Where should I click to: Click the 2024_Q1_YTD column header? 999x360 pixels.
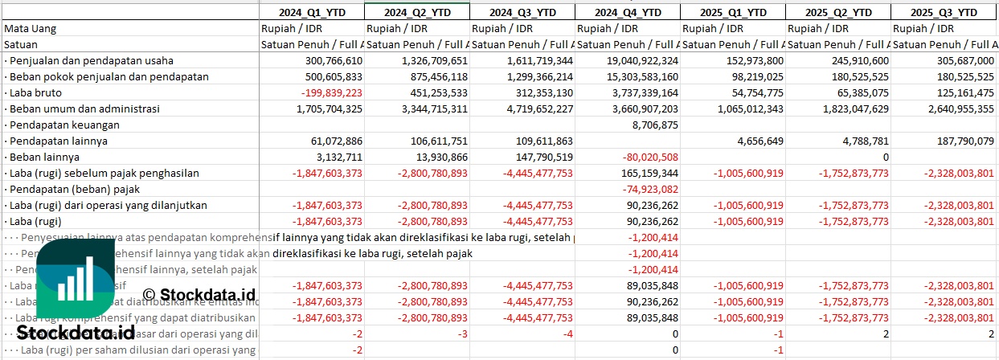pos(313,12)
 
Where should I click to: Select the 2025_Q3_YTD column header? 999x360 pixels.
pos(944,12)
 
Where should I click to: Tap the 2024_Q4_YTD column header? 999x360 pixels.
pos(628,12)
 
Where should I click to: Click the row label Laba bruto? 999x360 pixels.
pos(33,92)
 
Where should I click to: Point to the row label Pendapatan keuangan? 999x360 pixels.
pos(63,125)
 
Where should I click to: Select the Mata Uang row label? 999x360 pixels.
pos(31,28)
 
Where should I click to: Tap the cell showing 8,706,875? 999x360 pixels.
pos(655,125)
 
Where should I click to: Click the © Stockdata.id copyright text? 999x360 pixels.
pos(199,294)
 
